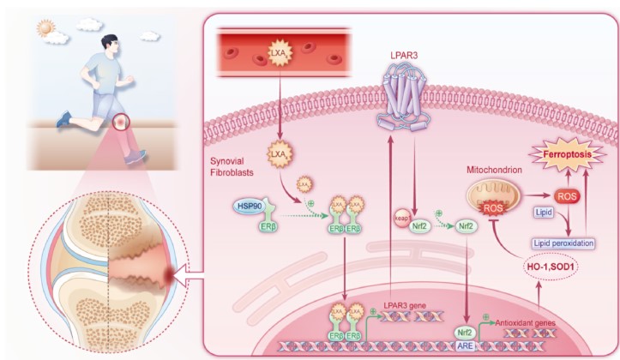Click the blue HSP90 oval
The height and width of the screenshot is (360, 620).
click(247, 207)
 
